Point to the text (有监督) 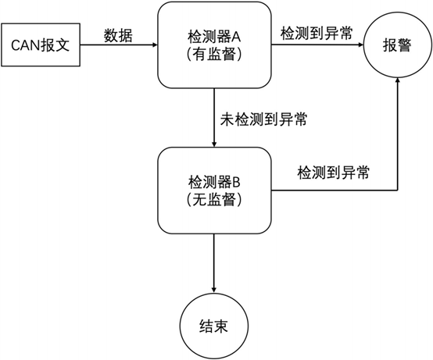(x=213, y=55)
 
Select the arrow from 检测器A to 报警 (x=316, y=45)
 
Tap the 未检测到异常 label (x=263, y=120)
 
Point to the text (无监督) (x=213, y=199)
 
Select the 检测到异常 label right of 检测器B (x=334, y=172)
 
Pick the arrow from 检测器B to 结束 (x=213, y=262)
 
